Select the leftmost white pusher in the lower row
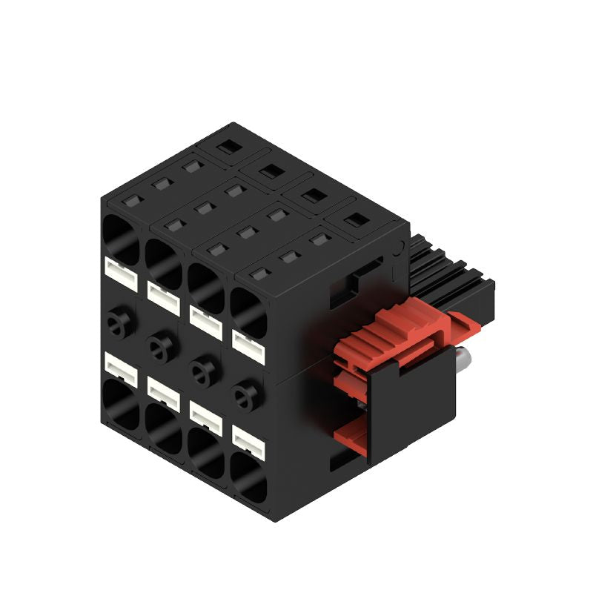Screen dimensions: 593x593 [122, 365]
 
